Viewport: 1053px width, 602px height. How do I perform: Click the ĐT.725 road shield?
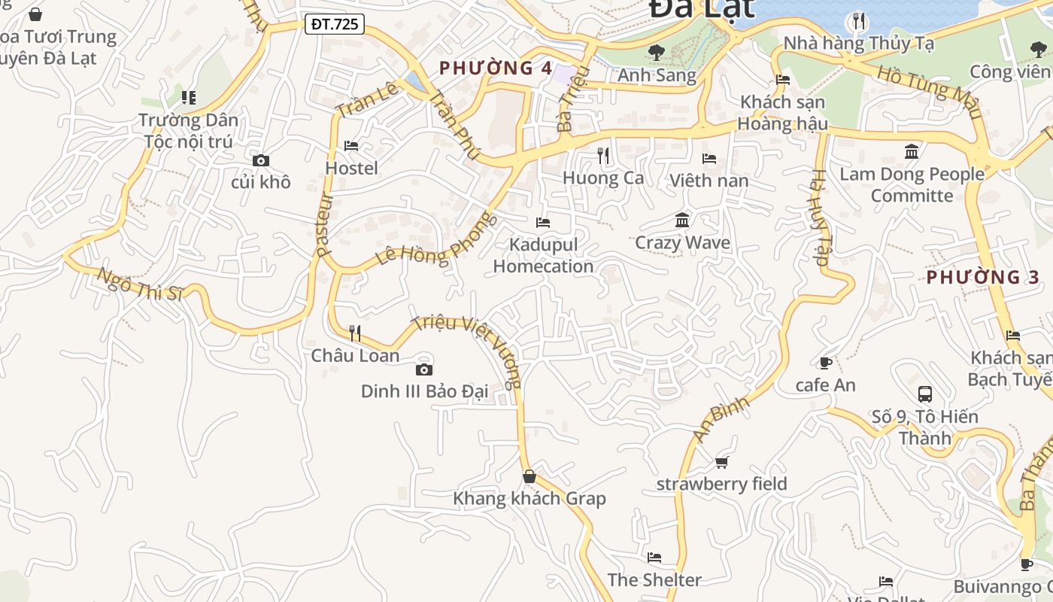[x=335, y=24]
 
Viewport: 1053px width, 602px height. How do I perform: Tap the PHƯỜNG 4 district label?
[x=496, y=68]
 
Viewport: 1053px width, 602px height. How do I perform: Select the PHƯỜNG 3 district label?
[x=982, y=277]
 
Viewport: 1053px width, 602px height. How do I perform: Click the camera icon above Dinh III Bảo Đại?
[x=424, y=369]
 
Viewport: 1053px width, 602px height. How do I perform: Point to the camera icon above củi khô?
[x=261, y=160]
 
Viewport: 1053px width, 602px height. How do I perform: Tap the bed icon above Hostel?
[x=351, y=145]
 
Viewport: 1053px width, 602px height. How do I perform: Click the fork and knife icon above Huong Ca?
[x=603, y=156]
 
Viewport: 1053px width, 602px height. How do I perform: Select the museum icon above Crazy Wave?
[x=682, y=220]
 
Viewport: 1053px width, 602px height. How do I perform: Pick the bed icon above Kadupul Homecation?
[x=543, y=222]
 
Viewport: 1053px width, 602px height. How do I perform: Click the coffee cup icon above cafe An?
[x=825, y=363]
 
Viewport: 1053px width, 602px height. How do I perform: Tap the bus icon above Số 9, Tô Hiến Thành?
[x=925, y=394]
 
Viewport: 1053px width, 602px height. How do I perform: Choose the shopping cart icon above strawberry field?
[x=722, y=462]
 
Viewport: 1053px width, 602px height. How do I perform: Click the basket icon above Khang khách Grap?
[x=530, y=476]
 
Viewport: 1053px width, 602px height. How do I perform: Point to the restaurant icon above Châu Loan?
[x=355, y=333]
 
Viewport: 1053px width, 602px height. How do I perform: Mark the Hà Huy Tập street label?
[x=818, y=218]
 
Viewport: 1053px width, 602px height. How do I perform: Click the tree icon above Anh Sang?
[x=657, y=52]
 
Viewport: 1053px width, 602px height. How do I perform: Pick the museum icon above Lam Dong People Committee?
[x=912, y=152]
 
